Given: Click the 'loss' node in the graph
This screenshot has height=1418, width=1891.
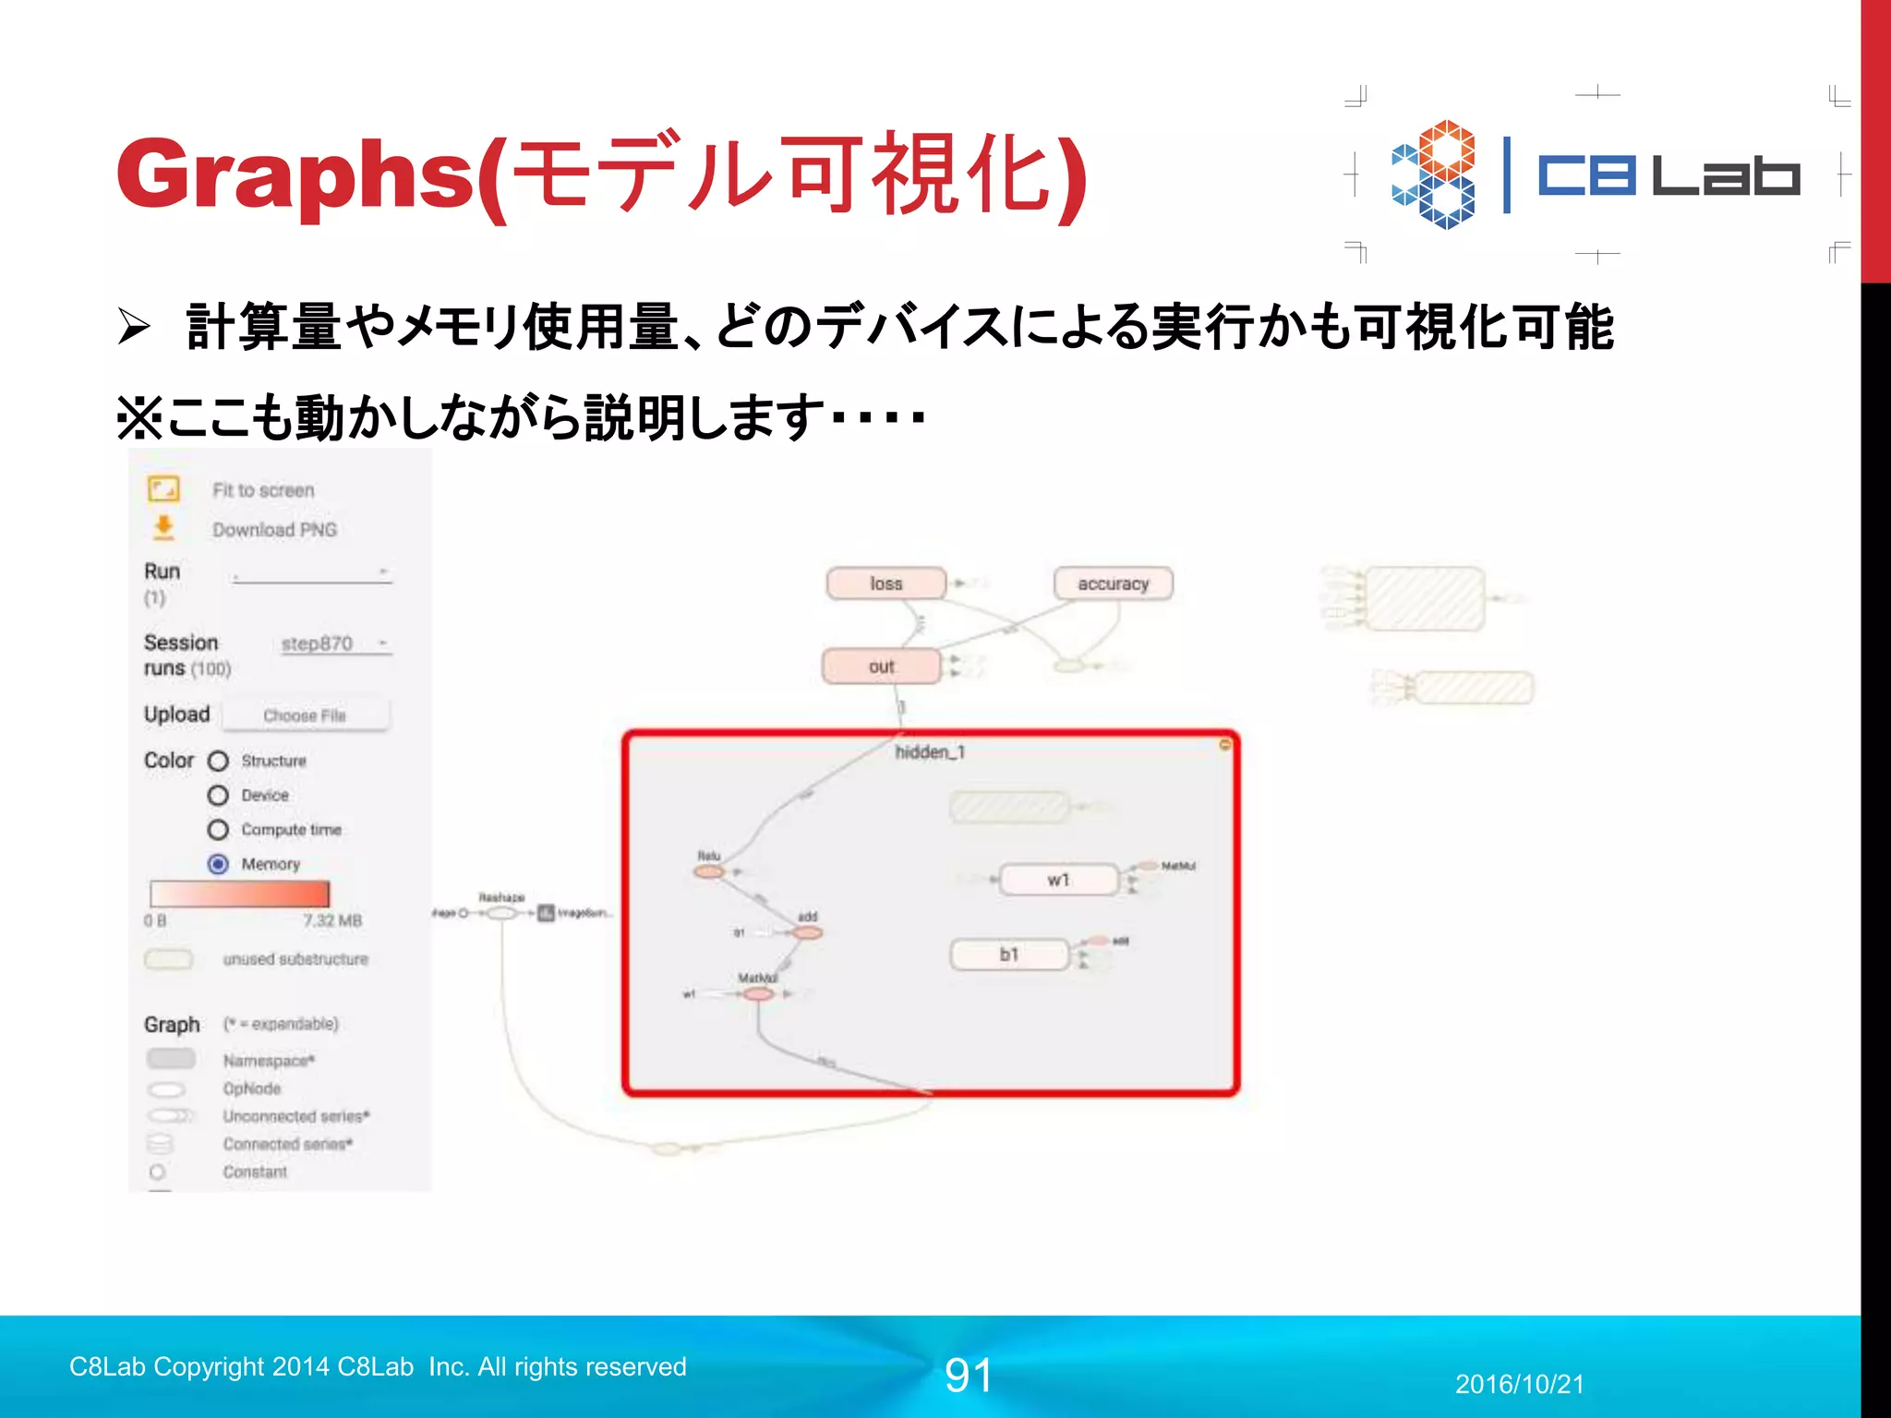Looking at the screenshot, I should pyautogui.click(x=886, y=583).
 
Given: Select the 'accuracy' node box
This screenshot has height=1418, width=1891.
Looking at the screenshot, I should pyautogui.click(x=1114, y=583).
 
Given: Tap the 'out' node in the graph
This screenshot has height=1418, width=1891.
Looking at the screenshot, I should pyautogui.click(x=882, y=667).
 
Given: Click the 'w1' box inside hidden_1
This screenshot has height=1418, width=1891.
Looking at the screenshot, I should pyautogui.click(x=1058, y=880).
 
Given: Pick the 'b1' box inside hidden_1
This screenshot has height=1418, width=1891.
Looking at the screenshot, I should pyautogui.click(x=1009, y=955).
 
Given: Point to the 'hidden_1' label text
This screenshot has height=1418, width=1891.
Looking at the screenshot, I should pyautogui.click(x=930, y=752).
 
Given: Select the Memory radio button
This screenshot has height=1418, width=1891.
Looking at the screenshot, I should pyautogui.click(x=218, y=864).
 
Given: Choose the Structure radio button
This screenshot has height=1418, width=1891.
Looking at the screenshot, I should pyautogui.click(x=218, y=761).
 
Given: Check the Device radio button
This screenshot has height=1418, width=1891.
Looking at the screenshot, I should pyautogui.click(x=218, y=795).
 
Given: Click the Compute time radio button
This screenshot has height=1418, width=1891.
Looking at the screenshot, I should pyautogui.click(x=218, y=830).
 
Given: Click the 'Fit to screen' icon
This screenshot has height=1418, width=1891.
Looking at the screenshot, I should pyautogui.click(x=163, y=489).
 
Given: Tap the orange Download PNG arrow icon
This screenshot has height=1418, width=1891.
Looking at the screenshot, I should pyautogui.click(x=163, y=528).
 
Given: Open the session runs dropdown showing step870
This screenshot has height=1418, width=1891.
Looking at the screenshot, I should pyautogui.click(x=335, y=643).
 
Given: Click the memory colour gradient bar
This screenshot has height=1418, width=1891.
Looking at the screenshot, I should pyautogui.click(x=239, y=894).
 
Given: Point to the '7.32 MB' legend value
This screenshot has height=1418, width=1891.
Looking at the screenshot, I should pyautogui.click(x=332, y=920).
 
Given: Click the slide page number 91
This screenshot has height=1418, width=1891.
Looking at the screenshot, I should pyautogui.click(x=968, y=1376).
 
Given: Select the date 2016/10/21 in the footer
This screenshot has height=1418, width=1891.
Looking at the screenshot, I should pyautogui.click(x=1519, y=1384).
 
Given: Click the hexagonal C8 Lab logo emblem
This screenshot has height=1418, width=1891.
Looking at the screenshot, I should pyautogui.click(x=1434, y=174).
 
